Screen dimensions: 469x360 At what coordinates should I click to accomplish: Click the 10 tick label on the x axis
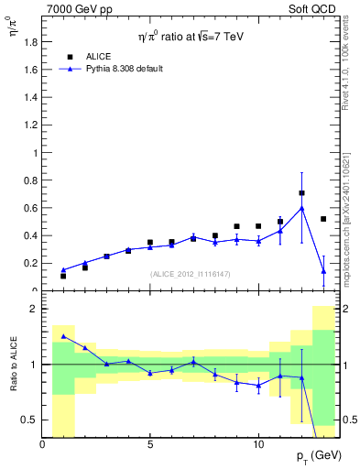(x=258, y=444)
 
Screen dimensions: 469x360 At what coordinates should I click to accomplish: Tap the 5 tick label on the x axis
(x=150, y=444)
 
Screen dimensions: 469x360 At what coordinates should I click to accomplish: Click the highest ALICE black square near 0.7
(x=301, y=193)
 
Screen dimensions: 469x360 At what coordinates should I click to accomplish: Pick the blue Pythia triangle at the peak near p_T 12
(x=301, y=208)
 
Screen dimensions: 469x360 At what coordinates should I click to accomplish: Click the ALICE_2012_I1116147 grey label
(x=191, y=274)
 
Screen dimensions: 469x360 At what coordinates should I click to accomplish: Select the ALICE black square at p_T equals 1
(x=63, y=276)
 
